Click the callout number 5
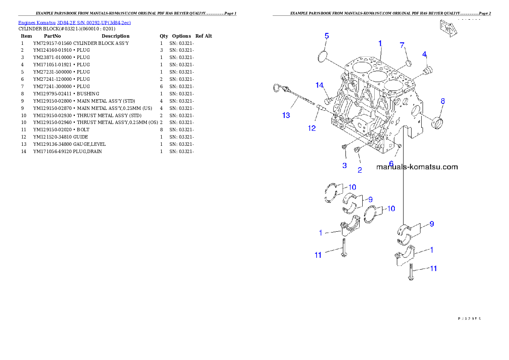tap(327, 36)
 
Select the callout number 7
tap(402, 45)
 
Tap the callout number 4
tap(424, 54)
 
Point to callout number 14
tap(320, 85)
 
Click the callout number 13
tap(286, 115)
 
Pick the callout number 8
tap(443, 101)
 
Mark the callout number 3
tap(344, 165)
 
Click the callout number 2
tap(360, 170)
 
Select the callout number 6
tap(391, 163)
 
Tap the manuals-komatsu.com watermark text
tap(417, 167)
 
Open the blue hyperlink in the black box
tap(74, 22)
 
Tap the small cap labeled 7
tap(408, 63)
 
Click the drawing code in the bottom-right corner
tap(469, 318)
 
